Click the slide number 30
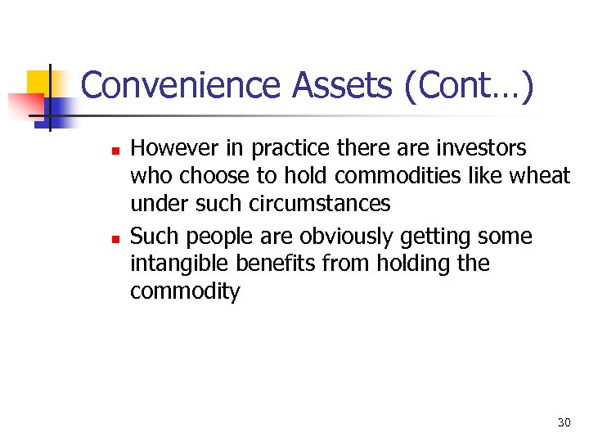[x=564, y=422]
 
